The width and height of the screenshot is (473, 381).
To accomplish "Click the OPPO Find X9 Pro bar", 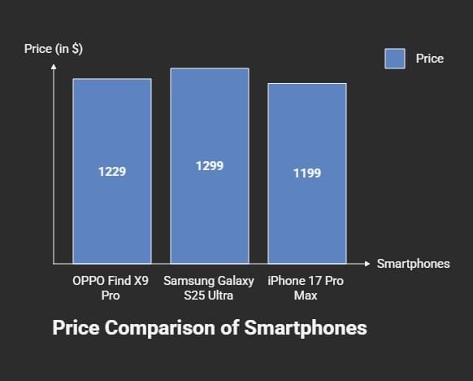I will coord(111,212).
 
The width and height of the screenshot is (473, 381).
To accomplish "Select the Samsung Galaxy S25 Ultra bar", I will coord(209,212).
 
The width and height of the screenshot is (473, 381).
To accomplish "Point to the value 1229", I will coord(111,172).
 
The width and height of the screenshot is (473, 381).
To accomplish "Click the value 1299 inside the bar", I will coord(209,166).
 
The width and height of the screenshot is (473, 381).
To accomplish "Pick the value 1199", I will coord(306,173).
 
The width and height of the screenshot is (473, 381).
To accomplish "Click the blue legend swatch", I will coord(395,59).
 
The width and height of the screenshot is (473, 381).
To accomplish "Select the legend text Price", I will coord(429,59).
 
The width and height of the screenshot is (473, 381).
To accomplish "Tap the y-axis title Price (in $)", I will coord(54,49).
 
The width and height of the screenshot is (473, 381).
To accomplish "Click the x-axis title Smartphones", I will coord(413,264).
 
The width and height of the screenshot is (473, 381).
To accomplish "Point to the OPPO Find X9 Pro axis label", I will coord(111,288).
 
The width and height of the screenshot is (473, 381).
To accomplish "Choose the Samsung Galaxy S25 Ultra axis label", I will coord(209,288).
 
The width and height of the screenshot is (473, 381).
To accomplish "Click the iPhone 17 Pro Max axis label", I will coord(306,288).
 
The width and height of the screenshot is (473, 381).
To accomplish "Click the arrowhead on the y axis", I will coord(54,67).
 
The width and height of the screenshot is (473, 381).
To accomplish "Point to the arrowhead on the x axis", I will coord(367,264).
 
